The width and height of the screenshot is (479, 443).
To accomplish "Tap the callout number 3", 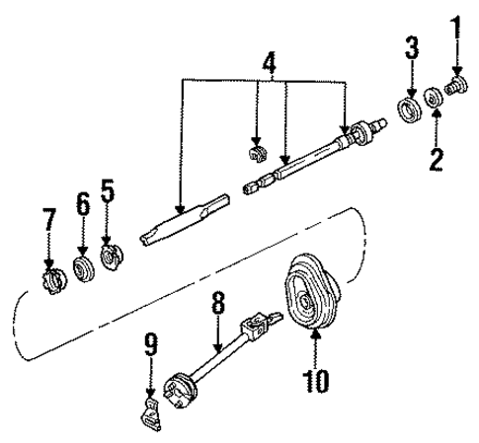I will [x=411, y=46].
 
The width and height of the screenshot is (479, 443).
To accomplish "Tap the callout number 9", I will [x=151, y=346].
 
